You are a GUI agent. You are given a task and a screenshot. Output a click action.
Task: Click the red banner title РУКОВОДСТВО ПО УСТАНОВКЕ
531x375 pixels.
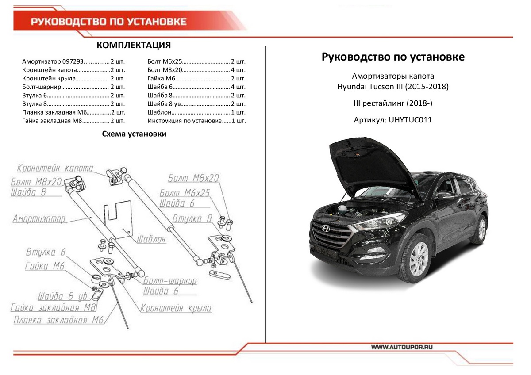[x=108, y=22]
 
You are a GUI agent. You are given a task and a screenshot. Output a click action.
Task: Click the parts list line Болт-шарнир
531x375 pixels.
[x=73, y=87]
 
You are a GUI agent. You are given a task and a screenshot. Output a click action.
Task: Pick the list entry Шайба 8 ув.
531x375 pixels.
[x=196, y=103]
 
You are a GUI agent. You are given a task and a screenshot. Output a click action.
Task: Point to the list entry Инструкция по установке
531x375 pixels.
[x=196, y=120]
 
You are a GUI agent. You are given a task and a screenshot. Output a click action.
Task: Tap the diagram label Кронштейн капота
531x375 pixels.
[x=55, y=168]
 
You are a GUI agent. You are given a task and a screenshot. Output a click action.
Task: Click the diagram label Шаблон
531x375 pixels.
[x=151, y=239]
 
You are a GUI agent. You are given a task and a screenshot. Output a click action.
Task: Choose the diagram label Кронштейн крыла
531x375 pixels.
[x=176, y=308]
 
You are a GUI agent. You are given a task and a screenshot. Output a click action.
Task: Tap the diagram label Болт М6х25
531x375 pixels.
[x=185, y=193]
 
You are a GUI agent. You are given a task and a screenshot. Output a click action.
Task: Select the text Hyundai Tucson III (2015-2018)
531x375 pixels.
[x=392, y=87]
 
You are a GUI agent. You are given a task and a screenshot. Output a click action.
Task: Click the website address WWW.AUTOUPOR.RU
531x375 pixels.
[x=401, y=347]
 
